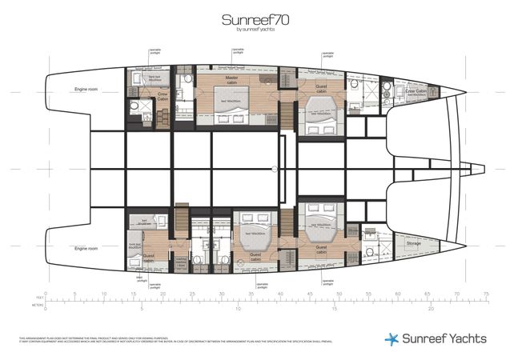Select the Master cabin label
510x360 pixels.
click(x=227, y=80)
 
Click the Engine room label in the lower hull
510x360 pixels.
click(x=85, y=248)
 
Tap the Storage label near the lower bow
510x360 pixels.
click(x=413, y=243)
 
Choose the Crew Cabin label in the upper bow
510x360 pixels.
click(x=416, y=91)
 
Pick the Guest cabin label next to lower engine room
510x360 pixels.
click(x=149, y=258)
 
